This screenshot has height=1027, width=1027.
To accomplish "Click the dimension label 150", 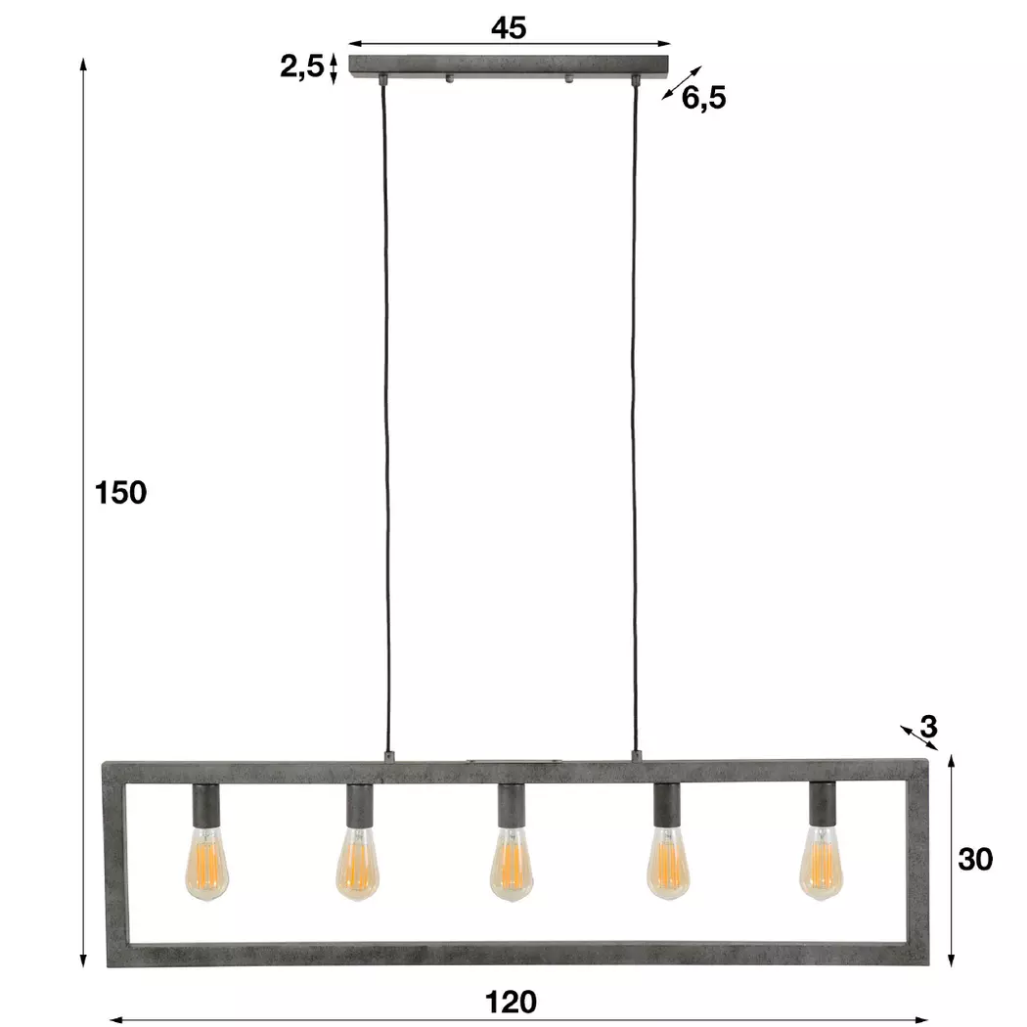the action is click(120, 493).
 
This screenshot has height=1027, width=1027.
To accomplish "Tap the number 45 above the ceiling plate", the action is click(509, 27).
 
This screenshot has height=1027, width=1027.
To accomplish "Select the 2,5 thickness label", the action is click(302, 67).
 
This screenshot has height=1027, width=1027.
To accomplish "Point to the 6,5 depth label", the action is click(704, 98).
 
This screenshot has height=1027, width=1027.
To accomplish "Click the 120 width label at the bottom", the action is click(511, 1003).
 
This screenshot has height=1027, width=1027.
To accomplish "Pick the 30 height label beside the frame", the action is click(975, 860).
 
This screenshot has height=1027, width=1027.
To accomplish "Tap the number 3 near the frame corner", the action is click(929, 727).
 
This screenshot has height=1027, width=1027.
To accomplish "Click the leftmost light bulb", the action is click(207, 864).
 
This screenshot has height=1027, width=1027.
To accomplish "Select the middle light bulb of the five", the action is click(511, 864).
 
